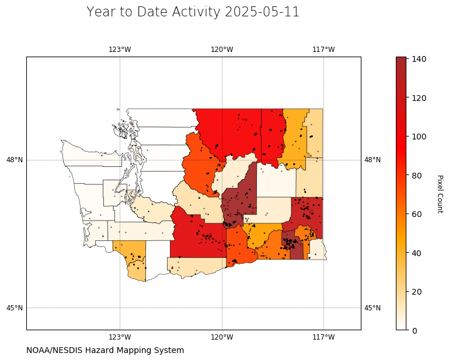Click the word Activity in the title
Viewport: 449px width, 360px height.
196,12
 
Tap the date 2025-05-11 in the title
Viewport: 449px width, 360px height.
262,12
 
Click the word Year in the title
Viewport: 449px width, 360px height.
102,12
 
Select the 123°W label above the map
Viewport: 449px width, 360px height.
120,50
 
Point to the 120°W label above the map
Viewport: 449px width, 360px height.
222,50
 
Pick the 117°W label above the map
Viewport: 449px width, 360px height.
323,50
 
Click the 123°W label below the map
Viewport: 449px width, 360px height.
120,337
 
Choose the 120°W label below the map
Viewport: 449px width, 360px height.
222,337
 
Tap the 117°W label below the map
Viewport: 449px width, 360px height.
323,337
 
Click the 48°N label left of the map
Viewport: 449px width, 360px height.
15,160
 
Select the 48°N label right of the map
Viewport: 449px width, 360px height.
373,160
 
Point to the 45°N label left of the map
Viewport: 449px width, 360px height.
15,308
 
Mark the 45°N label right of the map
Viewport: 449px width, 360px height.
373,308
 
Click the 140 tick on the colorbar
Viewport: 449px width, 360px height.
419,59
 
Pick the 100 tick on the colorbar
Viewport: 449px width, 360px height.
419,137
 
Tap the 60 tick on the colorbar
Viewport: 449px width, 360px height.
417,214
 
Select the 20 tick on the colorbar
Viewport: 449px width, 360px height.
417,292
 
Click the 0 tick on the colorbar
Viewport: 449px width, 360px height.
415,331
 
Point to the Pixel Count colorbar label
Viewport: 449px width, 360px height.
440,194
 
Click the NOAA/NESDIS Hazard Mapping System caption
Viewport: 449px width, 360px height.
105,350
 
